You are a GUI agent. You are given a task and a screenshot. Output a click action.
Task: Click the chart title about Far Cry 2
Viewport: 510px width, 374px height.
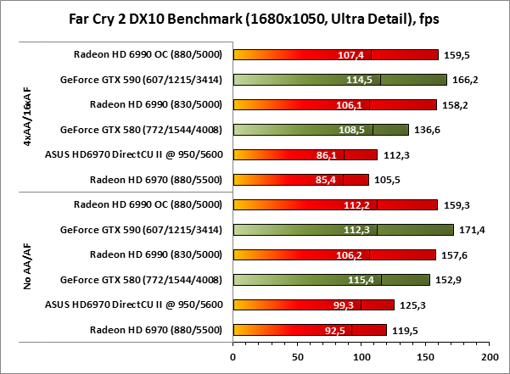(255, 18)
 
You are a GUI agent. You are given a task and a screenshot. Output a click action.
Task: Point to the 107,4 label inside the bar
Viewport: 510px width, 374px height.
(350, 56)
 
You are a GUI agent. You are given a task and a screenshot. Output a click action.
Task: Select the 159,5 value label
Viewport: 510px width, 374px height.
(460, 56)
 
